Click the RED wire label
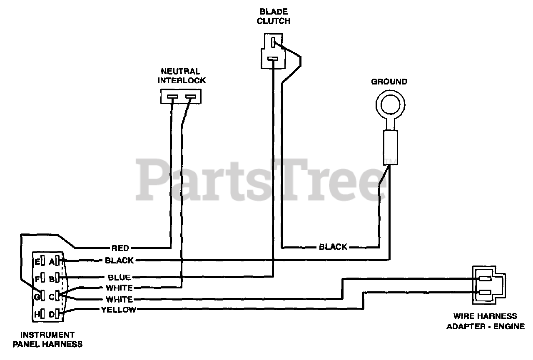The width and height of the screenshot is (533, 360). (x=120, y=248)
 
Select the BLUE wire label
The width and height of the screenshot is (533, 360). (x=119, y=277)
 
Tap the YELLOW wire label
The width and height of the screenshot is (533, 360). (x=118, y=309)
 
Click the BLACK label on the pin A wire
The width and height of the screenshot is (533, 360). (x=119, y=261)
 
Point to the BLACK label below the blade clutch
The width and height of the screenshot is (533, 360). (x=333, y=247)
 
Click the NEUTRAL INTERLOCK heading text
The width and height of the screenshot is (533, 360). (x=182, y=76)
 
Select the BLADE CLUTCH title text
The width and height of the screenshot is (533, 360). (x=273, y=16)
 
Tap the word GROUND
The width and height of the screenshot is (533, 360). (x=389, y=82)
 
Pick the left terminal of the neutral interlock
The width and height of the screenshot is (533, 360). (x=172, y=98)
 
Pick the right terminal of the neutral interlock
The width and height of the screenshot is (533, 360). (x=190, y=98)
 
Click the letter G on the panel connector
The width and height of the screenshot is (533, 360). (x=37, y=297)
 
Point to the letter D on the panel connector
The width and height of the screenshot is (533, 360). (x=52, y=315)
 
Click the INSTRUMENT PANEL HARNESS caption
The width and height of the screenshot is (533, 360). (x=47, y=339)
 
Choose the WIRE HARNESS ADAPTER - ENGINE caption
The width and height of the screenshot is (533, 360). (x=486, y=321)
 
